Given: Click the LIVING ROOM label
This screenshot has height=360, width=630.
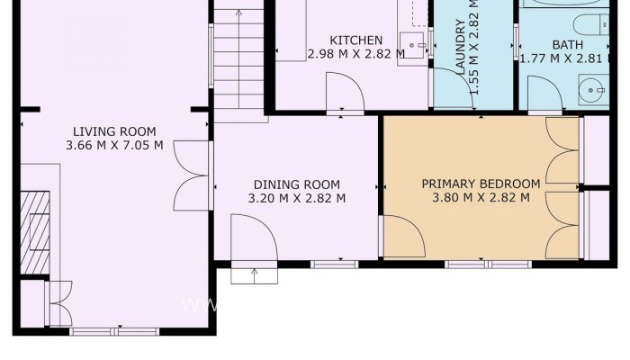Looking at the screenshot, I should point(115,130).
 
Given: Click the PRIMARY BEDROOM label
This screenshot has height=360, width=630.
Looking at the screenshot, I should point(481,184).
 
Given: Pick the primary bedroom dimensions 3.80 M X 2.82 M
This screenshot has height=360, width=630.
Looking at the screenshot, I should point(481,198).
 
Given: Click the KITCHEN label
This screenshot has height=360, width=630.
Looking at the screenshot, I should point(355,40).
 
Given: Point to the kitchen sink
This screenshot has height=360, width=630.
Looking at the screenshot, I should point(415,42).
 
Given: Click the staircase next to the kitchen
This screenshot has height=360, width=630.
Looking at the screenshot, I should point(239,63).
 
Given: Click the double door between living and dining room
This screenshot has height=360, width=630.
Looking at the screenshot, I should point(193,176).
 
